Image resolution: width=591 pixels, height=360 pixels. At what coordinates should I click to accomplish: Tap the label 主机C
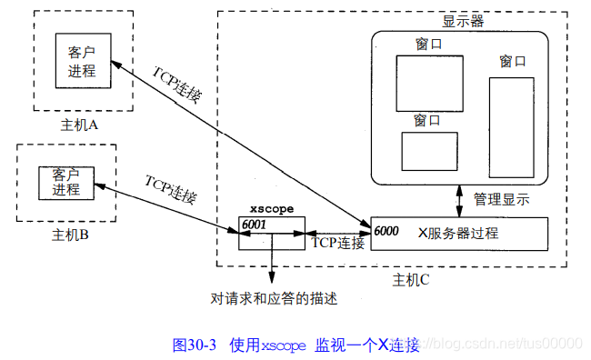(x=410, y=279)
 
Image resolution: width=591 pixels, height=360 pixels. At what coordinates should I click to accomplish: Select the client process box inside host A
(x=82, y=61)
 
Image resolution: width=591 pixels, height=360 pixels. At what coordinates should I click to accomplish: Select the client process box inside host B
(x=65, y=182)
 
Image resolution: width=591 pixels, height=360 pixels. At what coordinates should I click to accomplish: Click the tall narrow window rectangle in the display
(x=512, y=125)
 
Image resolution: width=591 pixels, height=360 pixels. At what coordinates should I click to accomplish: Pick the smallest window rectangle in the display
(x=430, y=151)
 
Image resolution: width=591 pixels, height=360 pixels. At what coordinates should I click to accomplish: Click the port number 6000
(x=386, y=231)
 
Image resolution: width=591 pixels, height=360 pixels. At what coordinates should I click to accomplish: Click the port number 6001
(x=255, y=225)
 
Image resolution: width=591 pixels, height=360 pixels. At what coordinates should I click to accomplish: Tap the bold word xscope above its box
(x=271, y=208)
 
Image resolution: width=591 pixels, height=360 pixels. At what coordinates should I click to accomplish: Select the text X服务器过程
(x=458, y=232)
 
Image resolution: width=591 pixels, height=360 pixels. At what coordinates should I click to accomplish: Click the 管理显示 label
(x=501, y=200)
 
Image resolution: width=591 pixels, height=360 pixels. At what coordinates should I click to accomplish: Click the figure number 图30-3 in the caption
(x=194, y=345)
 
